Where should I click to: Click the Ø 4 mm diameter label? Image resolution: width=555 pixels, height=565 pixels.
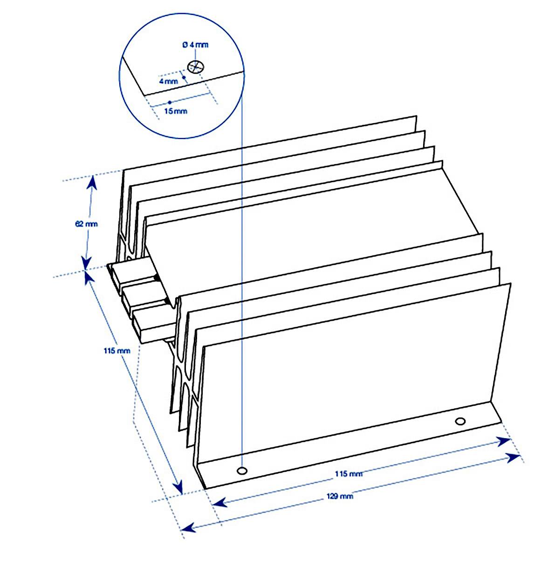pyautogui.click(x=196, y=45)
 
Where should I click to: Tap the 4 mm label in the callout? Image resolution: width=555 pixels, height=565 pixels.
pyautogui.click(x=168, y=81)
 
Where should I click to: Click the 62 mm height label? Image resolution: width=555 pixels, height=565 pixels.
pyautogui.click(x=86, y=224)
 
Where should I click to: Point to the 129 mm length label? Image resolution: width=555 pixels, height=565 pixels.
pyautogui.click(x=340, y=496)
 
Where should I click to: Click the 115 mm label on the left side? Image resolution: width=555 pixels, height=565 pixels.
pyautogui.click(x=117, y=351)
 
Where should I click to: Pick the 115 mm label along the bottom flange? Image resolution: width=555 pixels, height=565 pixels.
pyautogui.click(x=349, y=474)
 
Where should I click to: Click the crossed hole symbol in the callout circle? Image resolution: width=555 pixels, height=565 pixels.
pyautogui.click(x=196, y=67)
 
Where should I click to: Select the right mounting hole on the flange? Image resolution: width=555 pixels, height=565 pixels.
pyautogui.click(x=460, y=421)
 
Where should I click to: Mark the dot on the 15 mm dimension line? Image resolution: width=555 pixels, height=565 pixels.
pyautogui.click(x=170, y=102)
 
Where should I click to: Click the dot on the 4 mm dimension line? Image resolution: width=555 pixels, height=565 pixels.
pyautogui.click(x=184, y=77)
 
